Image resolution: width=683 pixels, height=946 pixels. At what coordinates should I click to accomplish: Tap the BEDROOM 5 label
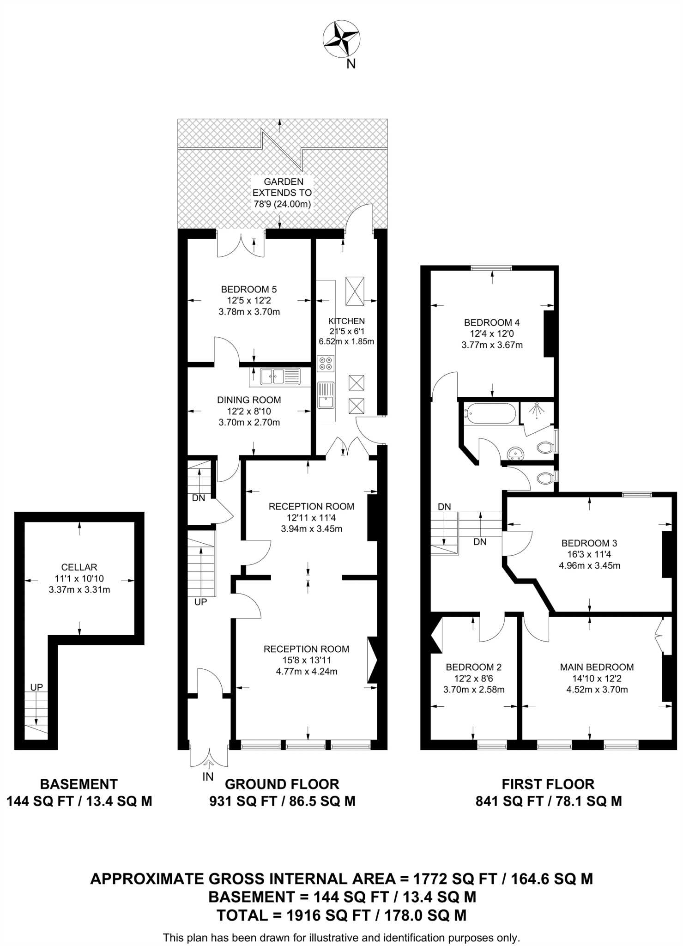pos(248,290)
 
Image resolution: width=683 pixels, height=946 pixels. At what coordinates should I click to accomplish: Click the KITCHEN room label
pos(346,321)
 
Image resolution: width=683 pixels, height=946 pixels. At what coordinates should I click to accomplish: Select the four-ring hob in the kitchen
pos(325,363)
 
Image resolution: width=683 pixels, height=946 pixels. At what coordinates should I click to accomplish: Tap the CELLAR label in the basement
pos(79,567)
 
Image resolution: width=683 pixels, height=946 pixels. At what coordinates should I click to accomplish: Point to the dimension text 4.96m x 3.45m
pos(589,565)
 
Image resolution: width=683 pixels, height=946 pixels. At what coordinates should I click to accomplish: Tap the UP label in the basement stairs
pos(36,687)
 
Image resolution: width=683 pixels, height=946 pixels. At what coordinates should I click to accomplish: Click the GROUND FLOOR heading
pos(282,784)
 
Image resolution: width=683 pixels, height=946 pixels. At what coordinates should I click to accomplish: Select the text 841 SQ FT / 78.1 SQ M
pos(548,801)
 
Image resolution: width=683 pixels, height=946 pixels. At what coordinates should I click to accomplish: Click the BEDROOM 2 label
pos(473,667)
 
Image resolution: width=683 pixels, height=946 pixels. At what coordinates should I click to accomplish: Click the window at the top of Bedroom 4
pos(491,267)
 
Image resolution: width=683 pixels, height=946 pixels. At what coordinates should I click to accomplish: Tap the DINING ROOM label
pos(249,400)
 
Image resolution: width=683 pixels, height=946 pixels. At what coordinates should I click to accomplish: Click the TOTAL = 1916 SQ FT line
pos(341,915)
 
